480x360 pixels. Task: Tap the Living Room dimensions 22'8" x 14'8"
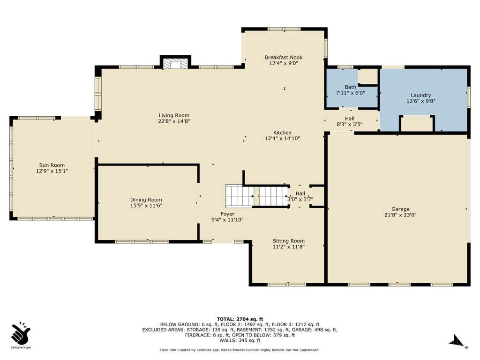tap(174, 121)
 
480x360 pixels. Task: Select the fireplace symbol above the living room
tap(175, 64)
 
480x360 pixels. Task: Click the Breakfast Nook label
tap(284, 57)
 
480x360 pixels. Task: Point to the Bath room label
tap(351, 87)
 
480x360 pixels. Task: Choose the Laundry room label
tap(420, 95)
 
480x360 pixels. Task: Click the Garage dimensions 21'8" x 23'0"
tap(400, 215)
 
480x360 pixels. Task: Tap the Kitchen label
tap(282, 133)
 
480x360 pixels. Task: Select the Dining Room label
tap(146, 200)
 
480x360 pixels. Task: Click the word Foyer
tap(227, 214)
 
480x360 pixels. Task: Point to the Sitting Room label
tap(289, 241)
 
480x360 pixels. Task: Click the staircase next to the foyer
tap(257, 196)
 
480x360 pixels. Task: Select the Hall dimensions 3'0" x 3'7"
tap(300, 199)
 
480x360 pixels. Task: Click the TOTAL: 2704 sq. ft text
tap(240, 319)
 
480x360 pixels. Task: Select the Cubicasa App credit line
tap(240, 350)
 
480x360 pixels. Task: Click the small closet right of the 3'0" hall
tap(317, 196)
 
